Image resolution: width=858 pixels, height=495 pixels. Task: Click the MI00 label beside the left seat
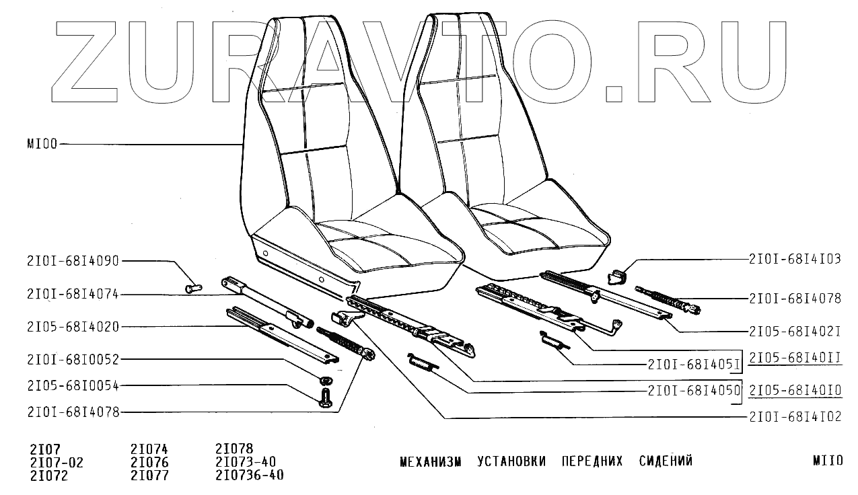[42, 144]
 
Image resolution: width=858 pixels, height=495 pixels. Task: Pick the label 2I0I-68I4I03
[795, 258]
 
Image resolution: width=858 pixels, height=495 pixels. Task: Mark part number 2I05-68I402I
[795, 332]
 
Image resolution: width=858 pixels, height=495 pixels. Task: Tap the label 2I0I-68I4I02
[795, 417]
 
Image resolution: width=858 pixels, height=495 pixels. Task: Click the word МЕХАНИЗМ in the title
[431, 461]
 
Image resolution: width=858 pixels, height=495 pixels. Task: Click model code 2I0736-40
[249, 475]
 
